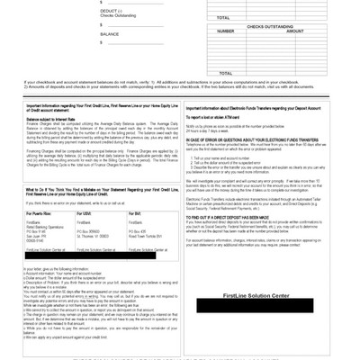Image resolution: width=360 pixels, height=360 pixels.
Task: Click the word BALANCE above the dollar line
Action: tap(110, 33)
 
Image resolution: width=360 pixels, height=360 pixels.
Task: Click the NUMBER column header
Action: tap(226, 31)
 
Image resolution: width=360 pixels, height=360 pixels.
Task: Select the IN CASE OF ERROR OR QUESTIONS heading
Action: tap(244, 137)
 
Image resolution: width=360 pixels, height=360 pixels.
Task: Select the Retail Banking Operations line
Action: tap(46, 228)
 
